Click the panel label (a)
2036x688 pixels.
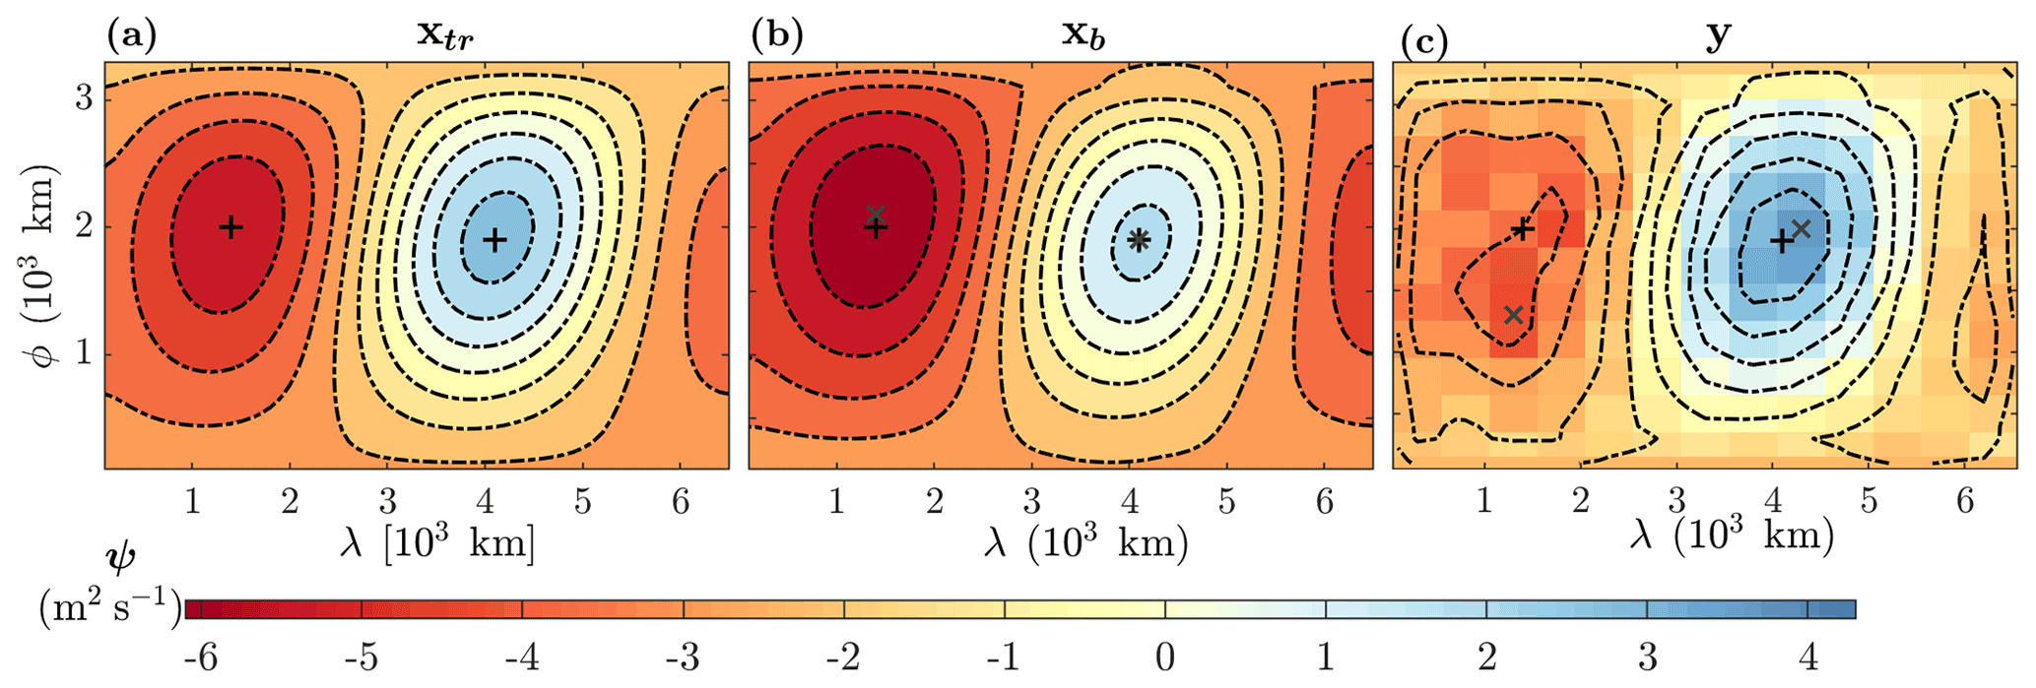click(131, 37)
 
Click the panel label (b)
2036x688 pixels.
click(777, 36)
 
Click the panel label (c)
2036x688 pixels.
click(1423, 42)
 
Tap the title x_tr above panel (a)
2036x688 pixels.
click(445, 36)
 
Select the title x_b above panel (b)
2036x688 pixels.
click(1088, 36)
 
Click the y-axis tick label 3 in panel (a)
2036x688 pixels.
click(85, 98)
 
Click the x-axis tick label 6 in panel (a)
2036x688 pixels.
click(681, 503)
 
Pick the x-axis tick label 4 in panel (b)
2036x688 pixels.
click(1130, 503)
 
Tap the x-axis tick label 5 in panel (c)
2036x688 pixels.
click(1869, 501)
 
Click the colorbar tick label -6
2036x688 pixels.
click(201, 657)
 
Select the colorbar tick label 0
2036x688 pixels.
click(1165, 657)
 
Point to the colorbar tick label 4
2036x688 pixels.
click(1808, 657)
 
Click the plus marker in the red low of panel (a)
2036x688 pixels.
click(230, 227)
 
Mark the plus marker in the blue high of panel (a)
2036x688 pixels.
click(494, 239)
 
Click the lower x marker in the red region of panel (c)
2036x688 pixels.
click(1514, 315)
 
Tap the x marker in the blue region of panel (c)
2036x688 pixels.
click(1802, 229)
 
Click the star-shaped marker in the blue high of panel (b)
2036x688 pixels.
click(1139, 239)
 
